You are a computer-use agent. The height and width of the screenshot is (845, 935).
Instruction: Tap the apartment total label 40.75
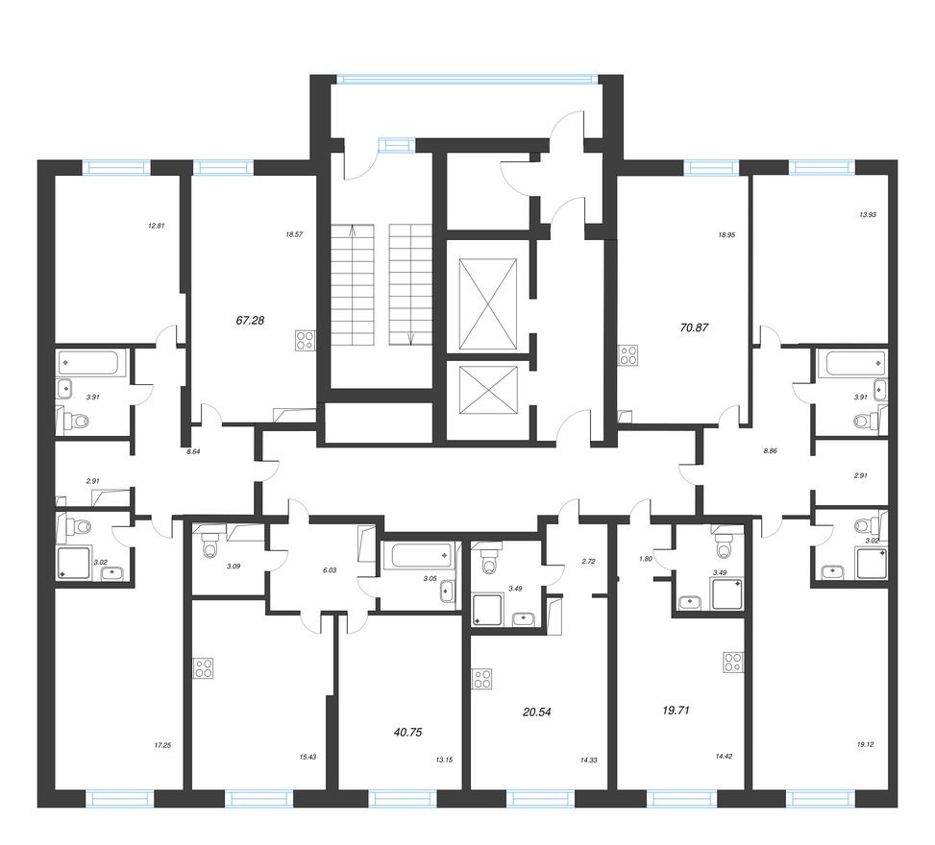(x=407, y=731)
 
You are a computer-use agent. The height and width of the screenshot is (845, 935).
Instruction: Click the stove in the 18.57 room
(x=306, y=340)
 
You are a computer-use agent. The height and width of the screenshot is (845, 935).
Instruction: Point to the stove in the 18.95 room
(x=628, y=354)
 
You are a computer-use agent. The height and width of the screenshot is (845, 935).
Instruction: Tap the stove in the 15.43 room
(x=203, y=667)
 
